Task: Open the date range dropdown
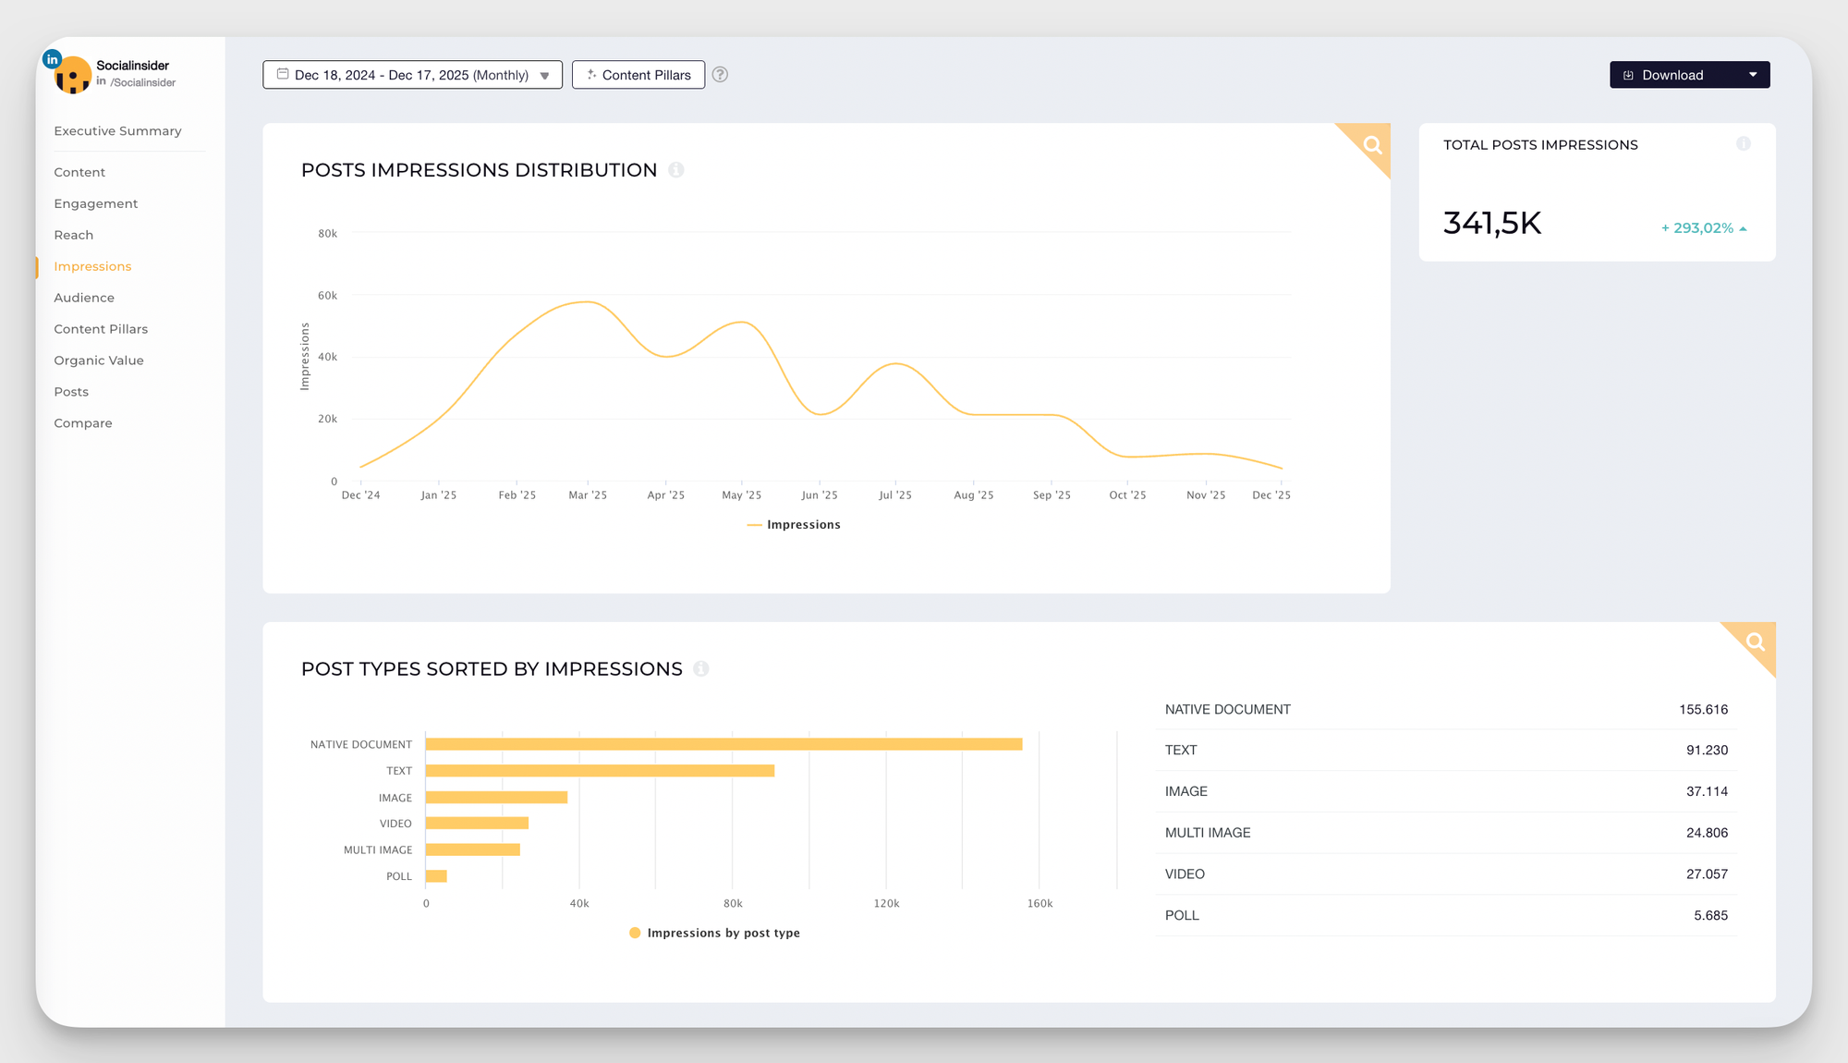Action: pos(412,75)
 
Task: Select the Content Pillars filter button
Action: pos(638,75)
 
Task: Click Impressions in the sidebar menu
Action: pos(92,266)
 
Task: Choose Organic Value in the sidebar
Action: pos(99,360)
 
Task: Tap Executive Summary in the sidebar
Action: pos(117,131)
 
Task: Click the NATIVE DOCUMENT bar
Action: pos(723,744)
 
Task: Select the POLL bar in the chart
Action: pos(436,876)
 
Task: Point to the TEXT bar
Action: pos(600,771)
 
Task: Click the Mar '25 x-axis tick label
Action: pos(588,495)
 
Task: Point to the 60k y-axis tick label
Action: pos(327,296)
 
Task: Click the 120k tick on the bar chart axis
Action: pos(886,903)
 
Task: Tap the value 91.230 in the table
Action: pos(1707,751)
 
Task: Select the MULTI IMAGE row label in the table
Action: pos(1208,833)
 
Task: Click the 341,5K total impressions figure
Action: pos(1492,224)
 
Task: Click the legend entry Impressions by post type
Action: pos(723,933)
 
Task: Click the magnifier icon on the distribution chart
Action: pos(1372,144)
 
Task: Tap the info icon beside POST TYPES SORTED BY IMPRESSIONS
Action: pos(701,668)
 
